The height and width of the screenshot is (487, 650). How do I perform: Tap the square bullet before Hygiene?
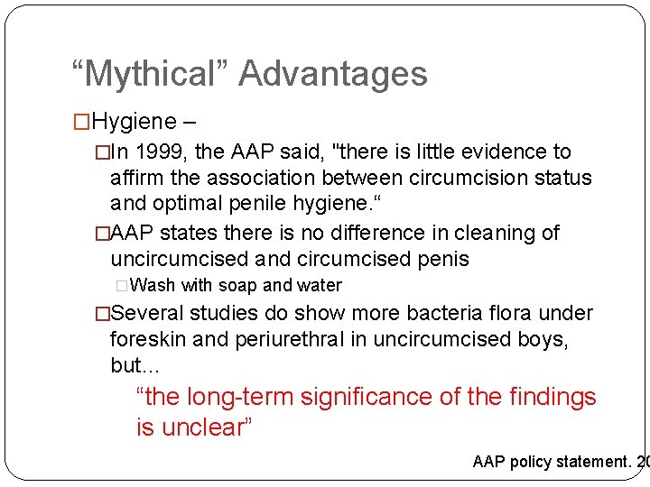[x=80, y=120]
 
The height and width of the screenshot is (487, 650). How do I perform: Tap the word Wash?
[x=153, y=286]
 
